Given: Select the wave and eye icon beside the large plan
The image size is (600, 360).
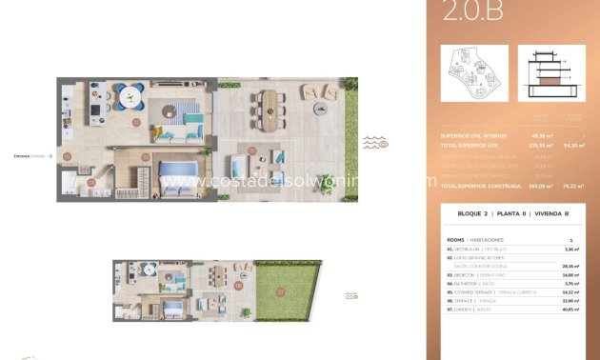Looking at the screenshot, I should click(375, 144).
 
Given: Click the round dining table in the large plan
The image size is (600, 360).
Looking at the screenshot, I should click(130, 95).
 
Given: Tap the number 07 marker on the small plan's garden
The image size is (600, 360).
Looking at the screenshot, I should click(279, 290).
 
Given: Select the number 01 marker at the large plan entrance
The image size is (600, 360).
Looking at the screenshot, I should click(67, 154).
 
